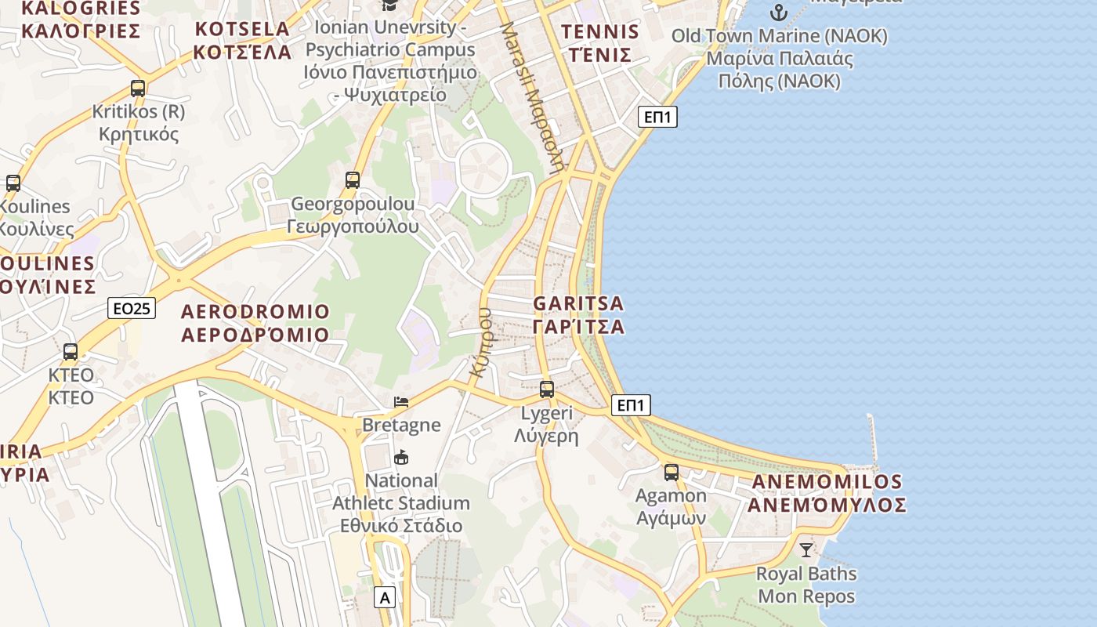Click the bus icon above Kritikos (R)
click(x=138, y=89)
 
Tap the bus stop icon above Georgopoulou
click(x=353, y=180)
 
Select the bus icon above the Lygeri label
click(x=547, y=389)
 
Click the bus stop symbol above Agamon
click(x=672, y=472)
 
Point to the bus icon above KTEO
click(x=71, y=351)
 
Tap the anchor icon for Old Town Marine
click(x=779, y=13)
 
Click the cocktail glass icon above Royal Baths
click(x=806, y=549)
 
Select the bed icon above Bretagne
click(x=401, y=402)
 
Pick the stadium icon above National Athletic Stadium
click(x=401, y=457)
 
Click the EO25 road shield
click(x=132, y=309)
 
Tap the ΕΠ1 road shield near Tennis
click(x=657, y=117)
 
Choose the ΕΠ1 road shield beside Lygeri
click(x=631, y=405)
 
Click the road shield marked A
click(x=384, y=598)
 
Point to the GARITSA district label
click(x=579, y=315)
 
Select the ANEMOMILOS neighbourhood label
click(x=827, y=493)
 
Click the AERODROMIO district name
click(x=255, y=323)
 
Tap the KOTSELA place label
click(x=242, y=41)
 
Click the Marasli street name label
click(x=533, y=96)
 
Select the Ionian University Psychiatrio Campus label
click(x=390, y=61)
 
